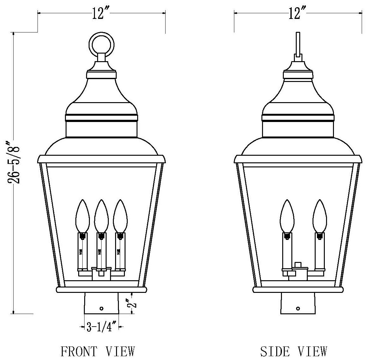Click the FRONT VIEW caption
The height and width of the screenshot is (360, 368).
[x=98, y=351]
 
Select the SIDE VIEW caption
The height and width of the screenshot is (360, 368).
[x=294, y=351]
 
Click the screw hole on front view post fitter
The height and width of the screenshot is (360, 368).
[x=102, y=308]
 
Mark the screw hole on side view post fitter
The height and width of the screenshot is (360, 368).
[x=298, y=308]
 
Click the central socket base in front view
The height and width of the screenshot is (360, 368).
[x=101, y=274]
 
